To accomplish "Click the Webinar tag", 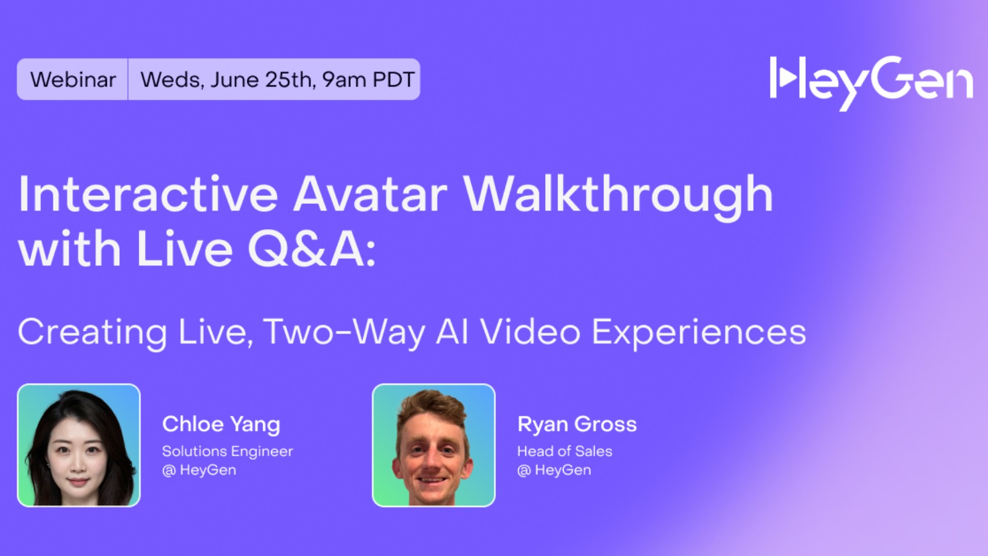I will tap(73, 80).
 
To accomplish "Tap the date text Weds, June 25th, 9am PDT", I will tap(277, 80).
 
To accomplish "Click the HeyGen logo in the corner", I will tap(871, 82).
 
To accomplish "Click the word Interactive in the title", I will tap(148, 195).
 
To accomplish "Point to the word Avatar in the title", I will tap(370, 195).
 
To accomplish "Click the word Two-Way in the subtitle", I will tap(345, 332).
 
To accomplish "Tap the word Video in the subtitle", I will tap(530, 332).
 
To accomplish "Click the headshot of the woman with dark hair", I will tap(79, 445).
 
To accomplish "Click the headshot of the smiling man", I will tap(433, 445).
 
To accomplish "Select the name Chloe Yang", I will tap(221, 424).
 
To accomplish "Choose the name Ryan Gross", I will tap(577, 424).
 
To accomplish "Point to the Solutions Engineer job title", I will tap(227, 452).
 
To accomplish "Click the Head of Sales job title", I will tap(564, 452).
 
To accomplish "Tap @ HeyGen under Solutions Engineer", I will tap(199, 470).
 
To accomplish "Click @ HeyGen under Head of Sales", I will tap(554, 470).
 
